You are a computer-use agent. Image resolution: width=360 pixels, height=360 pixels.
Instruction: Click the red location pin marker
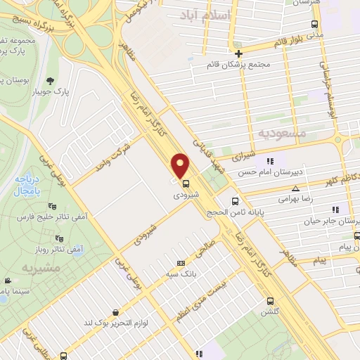181,165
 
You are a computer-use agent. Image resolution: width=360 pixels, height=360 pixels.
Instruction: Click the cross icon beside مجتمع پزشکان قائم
239,53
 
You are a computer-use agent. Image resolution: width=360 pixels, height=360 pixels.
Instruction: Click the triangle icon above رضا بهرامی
296,188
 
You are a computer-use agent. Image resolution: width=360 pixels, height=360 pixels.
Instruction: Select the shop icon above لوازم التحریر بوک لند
115,312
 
